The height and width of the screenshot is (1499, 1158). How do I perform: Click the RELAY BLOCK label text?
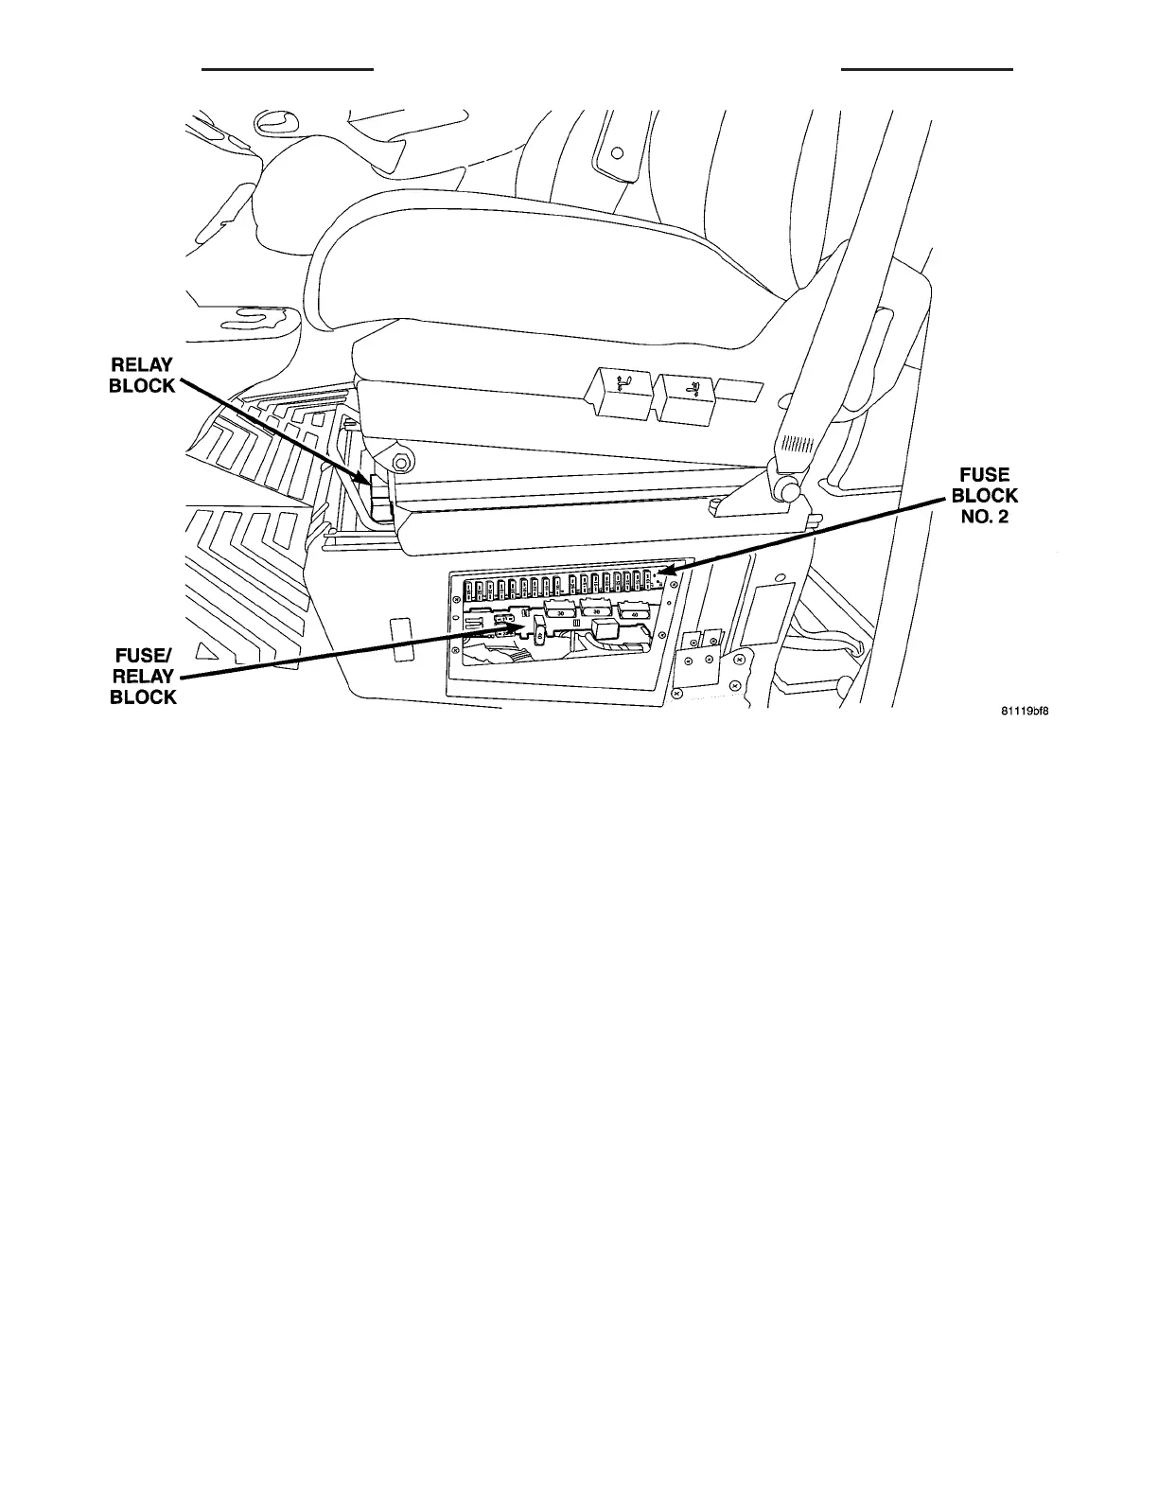coord(143,375)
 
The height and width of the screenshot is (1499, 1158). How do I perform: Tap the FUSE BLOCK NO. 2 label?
coord(984,496)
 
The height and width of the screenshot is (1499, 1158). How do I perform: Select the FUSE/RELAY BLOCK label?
coord(144,676)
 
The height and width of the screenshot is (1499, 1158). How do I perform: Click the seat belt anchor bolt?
coord(785,490)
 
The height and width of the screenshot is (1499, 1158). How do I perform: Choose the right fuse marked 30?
coord(597,611)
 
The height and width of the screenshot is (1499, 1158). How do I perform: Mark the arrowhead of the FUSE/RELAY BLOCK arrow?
coord(519,626)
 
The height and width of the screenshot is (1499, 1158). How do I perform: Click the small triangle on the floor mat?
coord(202,651)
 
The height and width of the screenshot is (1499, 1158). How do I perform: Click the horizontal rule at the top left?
coord(289,69)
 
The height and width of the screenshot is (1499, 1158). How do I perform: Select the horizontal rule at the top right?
coord(926,69)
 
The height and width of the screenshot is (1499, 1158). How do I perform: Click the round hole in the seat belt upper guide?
coord(617,151)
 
